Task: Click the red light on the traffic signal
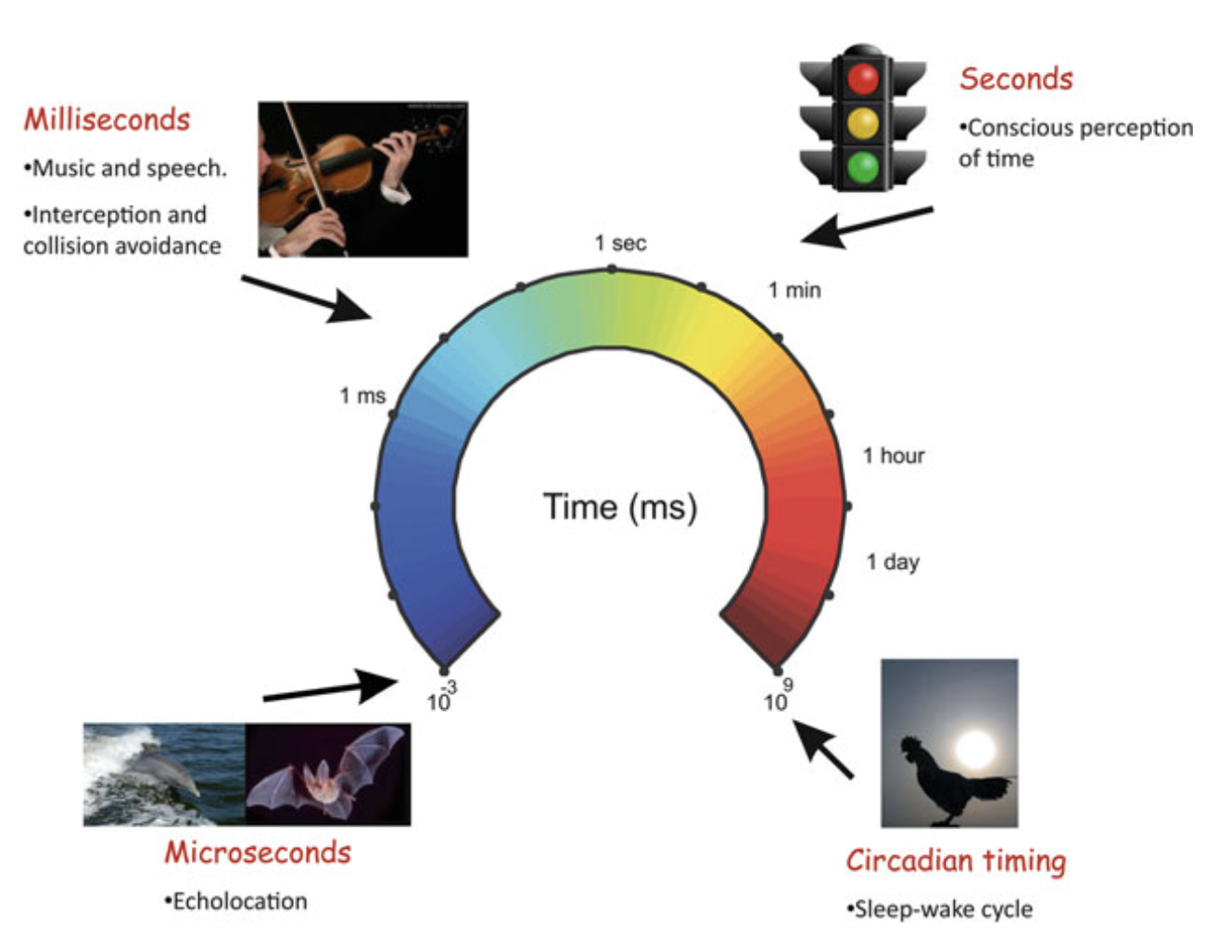point(862,80)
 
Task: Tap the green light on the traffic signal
point(862,167)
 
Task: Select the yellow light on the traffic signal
point(862,122)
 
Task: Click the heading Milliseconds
point(107,120)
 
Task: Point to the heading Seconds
point(1016,79)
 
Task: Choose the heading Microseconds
point(258,852)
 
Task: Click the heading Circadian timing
point(956,861)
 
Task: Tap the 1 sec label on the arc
point(620,244)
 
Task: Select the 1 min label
point(794,291)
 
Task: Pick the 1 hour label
point(894,456)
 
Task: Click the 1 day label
point(893,562)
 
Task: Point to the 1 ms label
point(362,397)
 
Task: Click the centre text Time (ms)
point(619,508)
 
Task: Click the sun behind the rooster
point(974,747)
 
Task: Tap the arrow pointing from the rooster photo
point(823,750)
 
